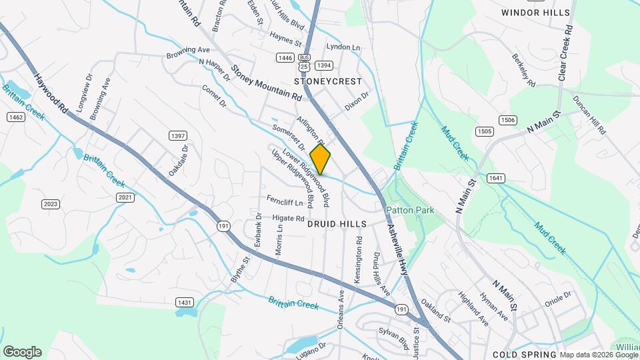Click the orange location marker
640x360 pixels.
(x=320, y=159)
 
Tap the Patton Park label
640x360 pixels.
(x=410, y=210)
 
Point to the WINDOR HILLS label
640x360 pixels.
(x=535, y=13)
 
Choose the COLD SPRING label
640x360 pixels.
(x=525, y=354)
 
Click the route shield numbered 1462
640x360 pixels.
(x=16, y=117)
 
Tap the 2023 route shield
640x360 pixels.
(x=51, y=204)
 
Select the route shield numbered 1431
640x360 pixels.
(x=185, y=303)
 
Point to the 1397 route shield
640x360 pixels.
(x=178, y=136)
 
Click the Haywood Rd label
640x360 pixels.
(x=51, y=93)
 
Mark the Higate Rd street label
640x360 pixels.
(x=288, y=218)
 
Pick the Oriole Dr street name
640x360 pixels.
(x=558, y=294)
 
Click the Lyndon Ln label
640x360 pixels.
(x=343, y=47)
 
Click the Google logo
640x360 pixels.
(x=22, y=351)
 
